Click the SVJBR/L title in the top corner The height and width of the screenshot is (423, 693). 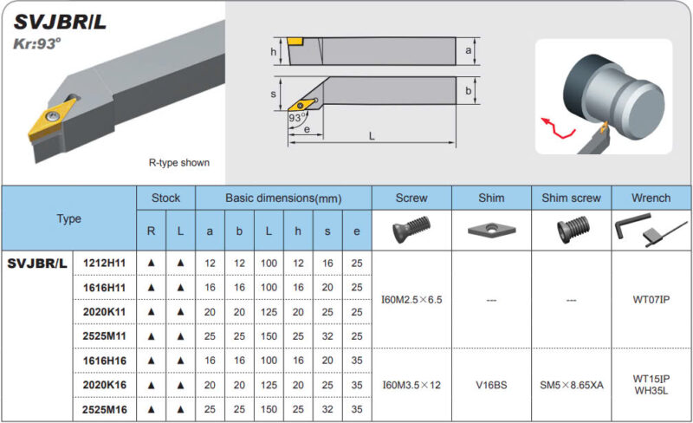(x=60, y=23)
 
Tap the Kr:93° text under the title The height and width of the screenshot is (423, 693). (x=37, y=44)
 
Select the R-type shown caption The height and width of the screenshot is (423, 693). (x=179, y=163)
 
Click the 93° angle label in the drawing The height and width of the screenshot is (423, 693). (x=297, y=118)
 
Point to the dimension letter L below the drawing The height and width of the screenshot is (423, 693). (x=372, y=136)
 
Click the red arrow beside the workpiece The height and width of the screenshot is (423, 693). (x=558, y=128)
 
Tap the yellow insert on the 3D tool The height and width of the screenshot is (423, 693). (x=52, y=118)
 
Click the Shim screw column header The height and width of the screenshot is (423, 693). (x=571, y=198)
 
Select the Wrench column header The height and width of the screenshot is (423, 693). (x=651, y=198)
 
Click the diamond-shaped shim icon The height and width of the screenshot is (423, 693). (x=491, y=229)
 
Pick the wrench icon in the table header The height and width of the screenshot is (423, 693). (x=651, y=229)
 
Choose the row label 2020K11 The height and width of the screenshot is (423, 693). (x=104, y=312)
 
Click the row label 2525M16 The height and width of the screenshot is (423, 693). (x=104, y=410)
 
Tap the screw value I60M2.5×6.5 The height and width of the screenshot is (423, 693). (x=411, y=300)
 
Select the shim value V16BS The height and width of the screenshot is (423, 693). (x=491, y=385)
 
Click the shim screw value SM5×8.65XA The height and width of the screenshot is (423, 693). (x=572, y=385)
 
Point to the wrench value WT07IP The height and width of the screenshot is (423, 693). (x=651, y=300)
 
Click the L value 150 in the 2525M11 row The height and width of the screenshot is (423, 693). (x=269, y=336)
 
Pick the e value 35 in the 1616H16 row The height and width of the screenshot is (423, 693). (x=357, y=361)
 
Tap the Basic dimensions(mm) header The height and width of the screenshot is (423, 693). (x=283, y=198)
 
